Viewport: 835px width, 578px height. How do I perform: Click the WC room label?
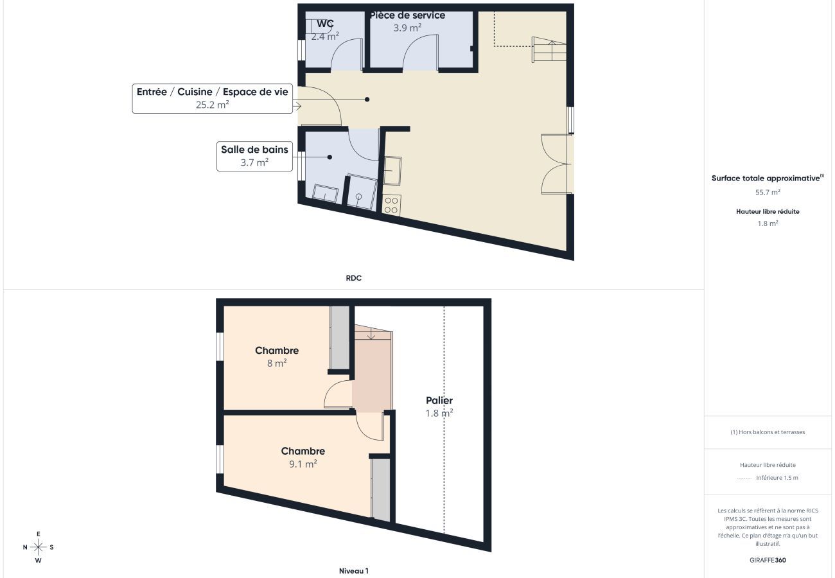(325, 24)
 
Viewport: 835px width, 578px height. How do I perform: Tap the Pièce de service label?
(407, 15)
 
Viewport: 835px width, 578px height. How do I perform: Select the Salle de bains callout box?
(254, 156)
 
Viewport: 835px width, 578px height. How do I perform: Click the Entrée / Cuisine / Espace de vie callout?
(212, 98)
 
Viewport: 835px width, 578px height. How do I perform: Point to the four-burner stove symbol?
(391, 206)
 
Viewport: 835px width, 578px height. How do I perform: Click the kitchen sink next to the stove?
(392, 170)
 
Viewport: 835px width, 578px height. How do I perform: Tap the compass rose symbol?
(38, 547)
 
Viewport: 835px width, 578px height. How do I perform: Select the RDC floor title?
(353, 278)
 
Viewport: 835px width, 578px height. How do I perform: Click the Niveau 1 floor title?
(353, 571)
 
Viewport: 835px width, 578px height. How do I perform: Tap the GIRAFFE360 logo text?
(768, 560)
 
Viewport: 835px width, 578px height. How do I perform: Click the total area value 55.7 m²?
(768, 192)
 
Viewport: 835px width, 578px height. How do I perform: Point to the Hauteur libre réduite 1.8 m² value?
(768, 223)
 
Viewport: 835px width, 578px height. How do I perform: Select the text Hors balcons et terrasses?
(768, 432)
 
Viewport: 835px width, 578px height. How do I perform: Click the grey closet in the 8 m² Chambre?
(340, 337)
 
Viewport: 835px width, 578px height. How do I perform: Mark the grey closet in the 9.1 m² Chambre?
(381, 489)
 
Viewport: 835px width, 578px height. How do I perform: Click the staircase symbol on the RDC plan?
(549, 49)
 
